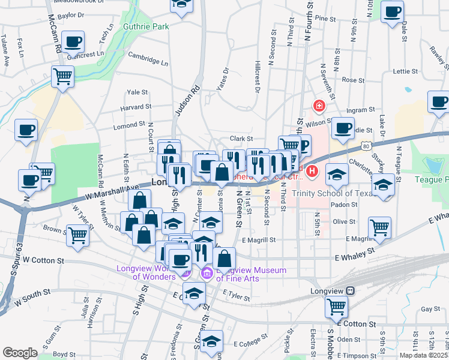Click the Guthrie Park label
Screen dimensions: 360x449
click(146, 26)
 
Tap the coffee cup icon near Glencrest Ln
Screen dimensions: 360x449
click(73, 42)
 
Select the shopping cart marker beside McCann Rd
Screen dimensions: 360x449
click(62, 77)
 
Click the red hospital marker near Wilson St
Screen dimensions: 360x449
click(319, 106)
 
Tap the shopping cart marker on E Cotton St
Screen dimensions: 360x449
click(336, 307)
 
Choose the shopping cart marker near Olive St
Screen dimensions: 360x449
click(379, 227)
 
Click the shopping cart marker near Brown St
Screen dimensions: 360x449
click(79, 235)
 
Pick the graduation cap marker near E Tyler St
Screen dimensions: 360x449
click(194, 293)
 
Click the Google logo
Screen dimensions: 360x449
click(20, 353)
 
